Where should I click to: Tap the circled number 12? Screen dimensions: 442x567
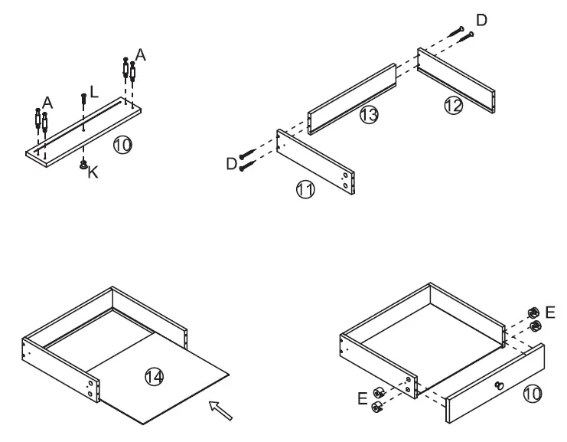453,106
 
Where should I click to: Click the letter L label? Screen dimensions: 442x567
93,91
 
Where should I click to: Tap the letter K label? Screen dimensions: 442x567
93,173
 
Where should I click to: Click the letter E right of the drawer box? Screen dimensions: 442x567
551,312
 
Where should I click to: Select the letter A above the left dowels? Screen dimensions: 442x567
47,102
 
